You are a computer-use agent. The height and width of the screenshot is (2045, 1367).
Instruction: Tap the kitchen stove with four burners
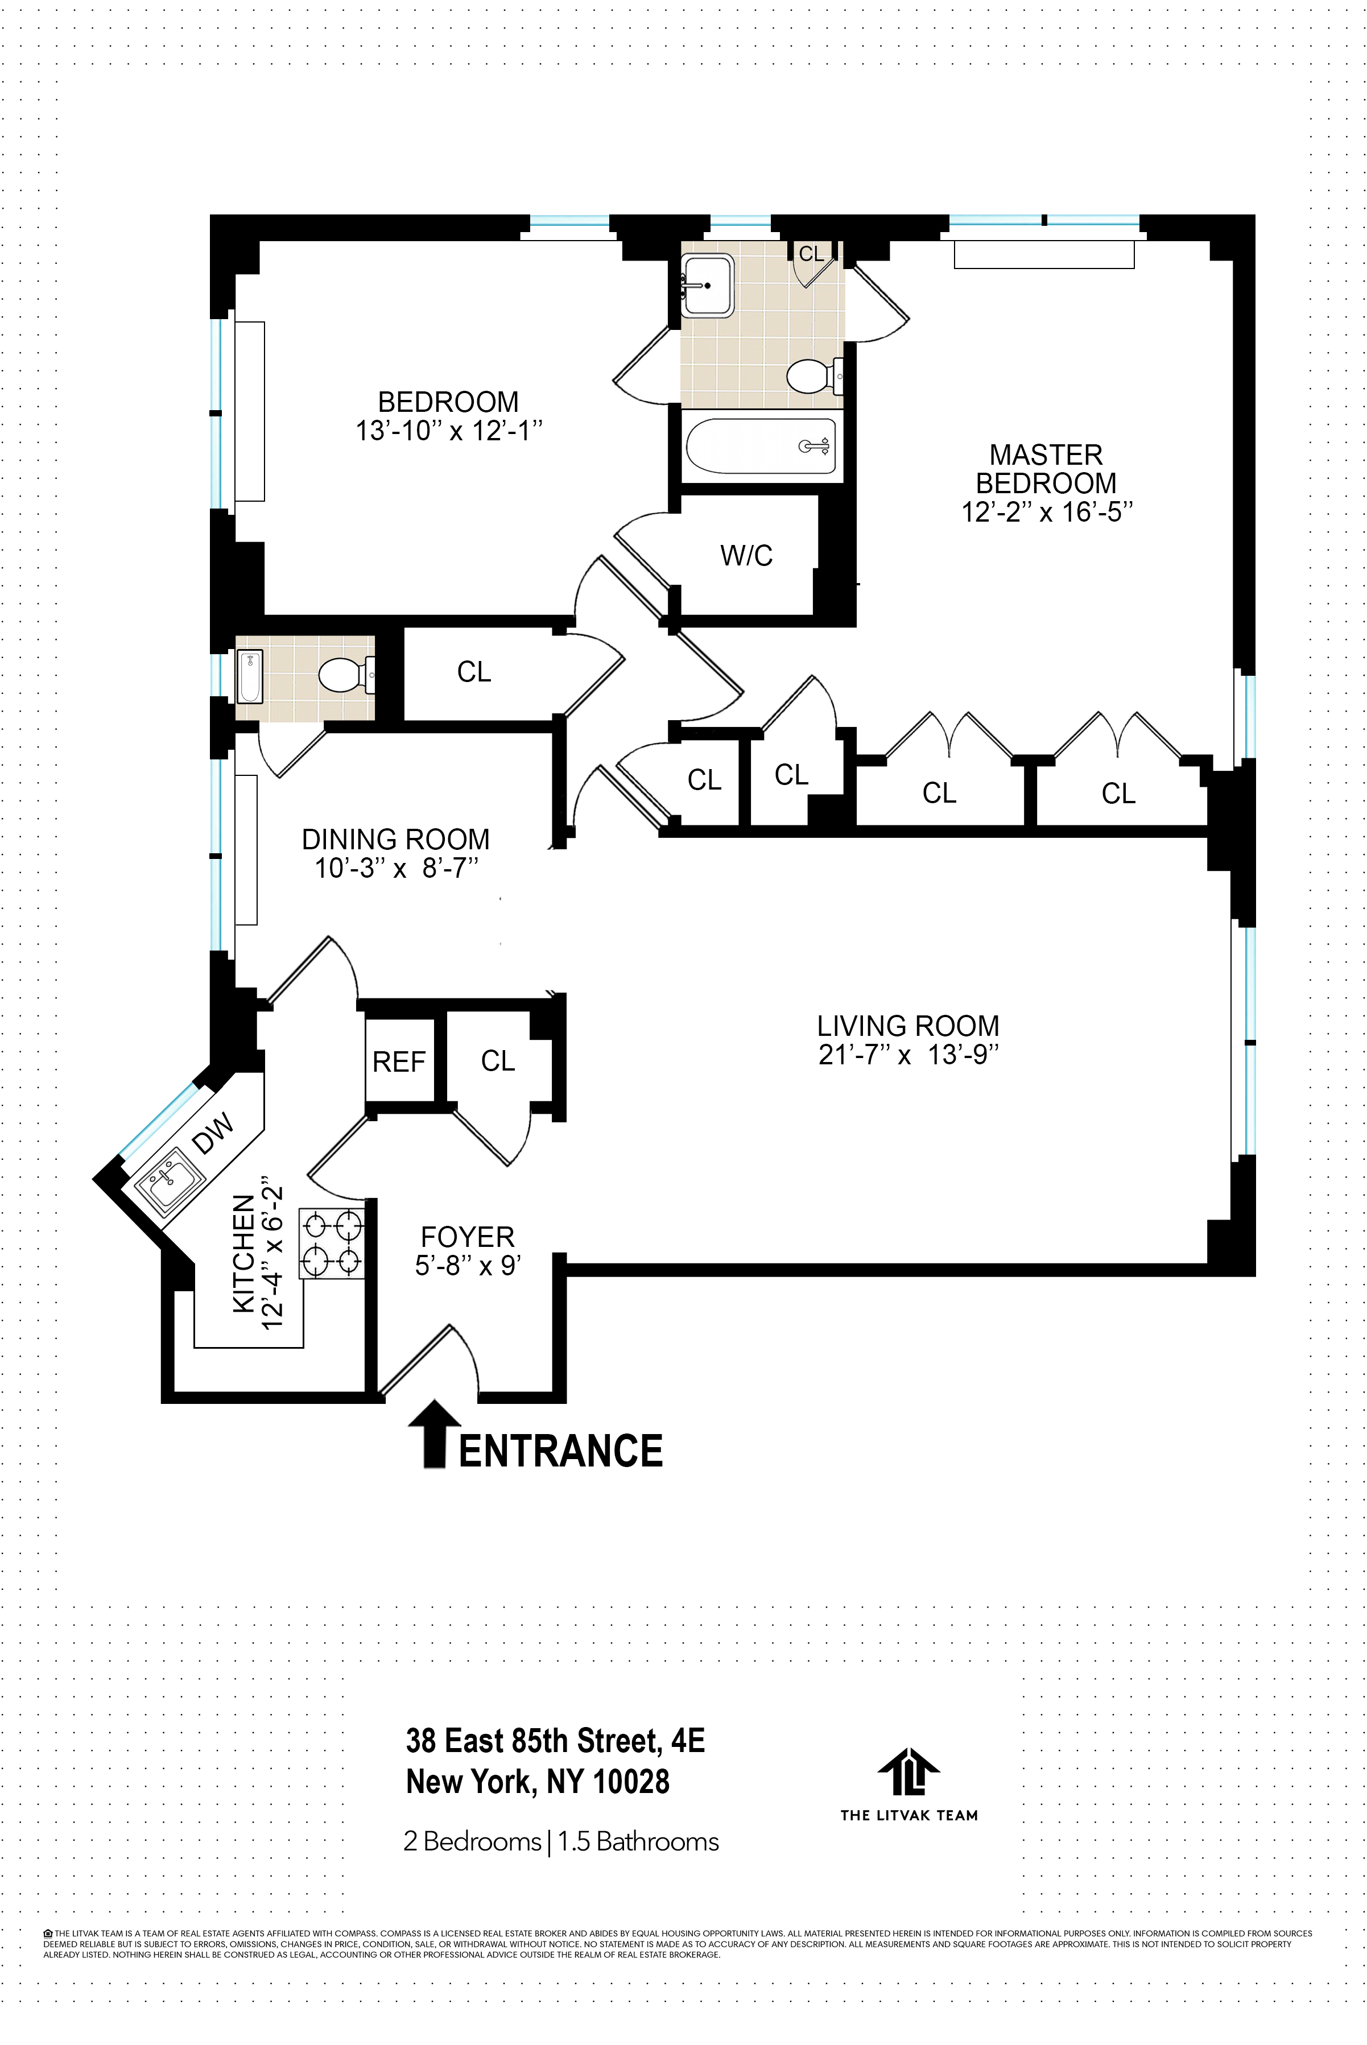tap(331, 1243)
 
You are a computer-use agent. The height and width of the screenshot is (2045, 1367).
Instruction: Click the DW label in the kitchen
tap(213, 1133)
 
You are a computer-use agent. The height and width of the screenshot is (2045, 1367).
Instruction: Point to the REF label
tap(398, 1061)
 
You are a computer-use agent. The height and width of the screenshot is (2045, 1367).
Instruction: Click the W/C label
tap(746, 555)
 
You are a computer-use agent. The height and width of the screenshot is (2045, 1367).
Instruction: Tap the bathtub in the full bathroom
tap(760, 447)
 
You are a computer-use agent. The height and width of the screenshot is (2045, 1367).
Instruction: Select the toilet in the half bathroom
tap(342, 675)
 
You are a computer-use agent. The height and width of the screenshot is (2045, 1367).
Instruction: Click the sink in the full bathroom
tap(707, 285)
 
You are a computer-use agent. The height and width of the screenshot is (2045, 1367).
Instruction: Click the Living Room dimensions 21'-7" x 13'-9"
tap(908, 1055)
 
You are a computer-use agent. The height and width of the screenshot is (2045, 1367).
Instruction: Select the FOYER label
tap(467, 1237)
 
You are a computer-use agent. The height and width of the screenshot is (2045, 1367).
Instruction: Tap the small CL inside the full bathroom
tap(811, 254)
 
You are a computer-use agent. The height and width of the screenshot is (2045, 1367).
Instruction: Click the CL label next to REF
tap(498, 1061)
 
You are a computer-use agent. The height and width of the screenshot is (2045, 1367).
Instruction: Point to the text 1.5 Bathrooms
tap(638, 1842)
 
